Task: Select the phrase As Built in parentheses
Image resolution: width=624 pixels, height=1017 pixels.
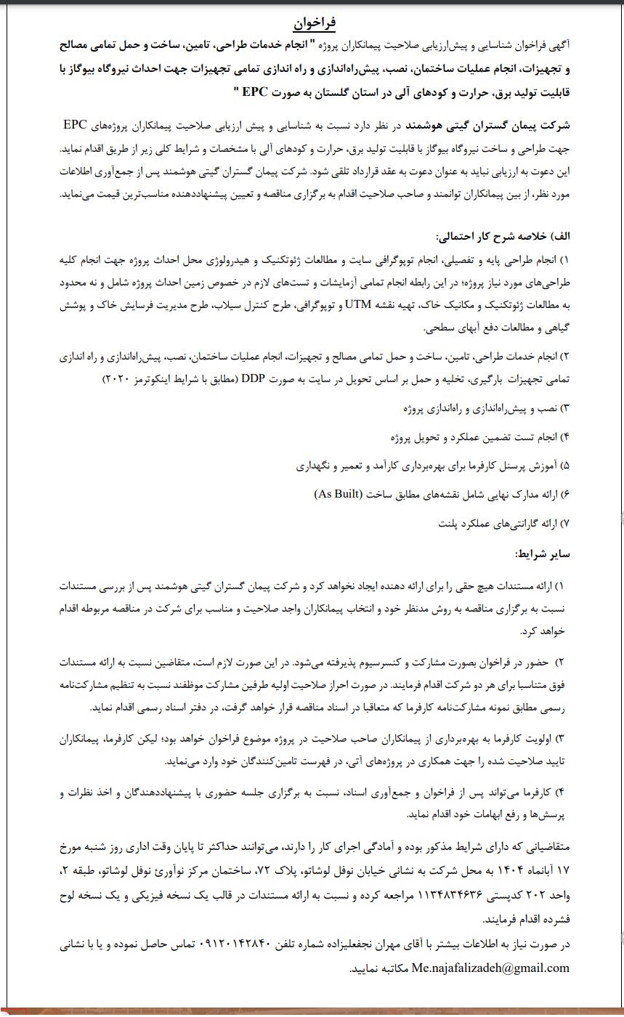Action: pyautogui.click(x=338, y=495)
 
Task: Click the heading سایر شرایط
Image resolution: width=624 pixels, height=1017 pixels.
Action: pyautogui.click(x=543, y=554)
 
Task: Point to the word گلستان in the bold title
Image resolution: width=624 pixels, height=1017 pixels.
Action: pyautogui.click(x=334, y=92)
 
